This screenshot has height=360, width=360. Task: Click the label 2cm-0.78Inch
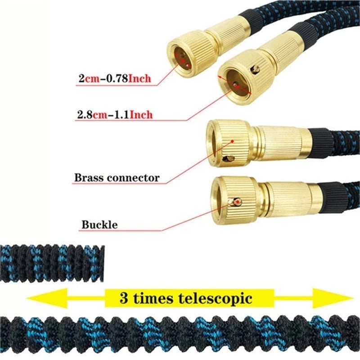(114, 79)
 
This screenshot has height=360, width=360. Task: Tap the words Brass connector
(117, 178)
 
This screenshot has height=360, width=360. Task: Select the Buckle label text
(99, 224)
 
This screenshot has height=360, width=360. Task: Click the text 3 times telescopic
(186, 298)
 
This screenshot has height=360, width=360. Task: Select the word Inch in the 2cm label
(140, 79)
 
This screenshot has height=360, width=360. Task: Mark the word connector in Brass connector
(134, 178)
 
